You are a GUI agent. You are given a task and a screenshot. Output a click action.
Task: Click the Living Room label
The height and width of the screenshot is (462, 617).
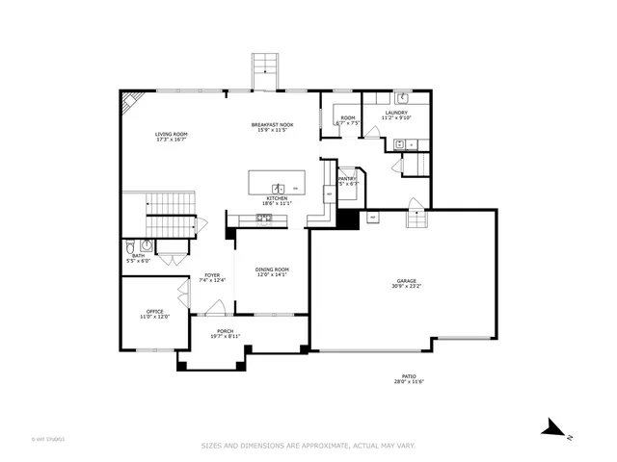[x=171, y=134]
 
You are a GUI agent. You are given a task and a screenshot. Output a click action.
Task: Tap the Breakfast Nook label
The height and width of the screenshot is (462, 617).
[x=272, y=125]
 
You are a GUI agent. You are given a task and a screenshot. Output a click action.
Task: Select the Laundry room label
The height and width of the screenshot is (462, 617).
[x=396, y=113]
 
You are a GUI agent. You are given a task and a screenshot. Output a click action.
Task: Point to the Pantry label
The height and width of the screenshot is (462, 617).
[x=347, y=178]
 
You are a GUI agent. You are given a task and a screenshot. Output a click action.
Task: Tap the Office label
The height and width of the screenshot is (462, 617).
[x=155, y=311]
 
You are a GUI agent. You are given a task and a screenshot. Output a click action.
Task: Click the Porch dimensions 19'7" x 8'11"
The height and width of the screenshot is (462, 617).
[x=225, y=335]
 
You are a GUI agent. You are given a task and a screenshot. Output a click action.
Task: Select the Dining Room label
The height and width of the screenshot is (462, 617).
[x=272, y=269]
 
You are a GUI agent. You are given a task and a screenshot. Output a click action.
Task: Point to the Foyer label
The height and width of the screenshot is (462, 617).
[x=212, y=275]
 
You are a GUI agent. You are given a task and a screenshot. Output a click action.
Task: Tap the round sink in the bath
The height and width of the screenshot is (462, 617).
[x=147, y=245]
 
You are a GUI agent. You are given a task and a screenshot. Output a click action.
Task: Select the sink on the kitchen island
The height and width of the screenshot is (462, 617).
[x=276, y=186]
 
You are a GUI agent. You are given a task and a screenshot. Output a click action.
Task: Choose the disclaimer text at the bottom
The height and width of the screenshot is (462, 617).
[x=308, y=446]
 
